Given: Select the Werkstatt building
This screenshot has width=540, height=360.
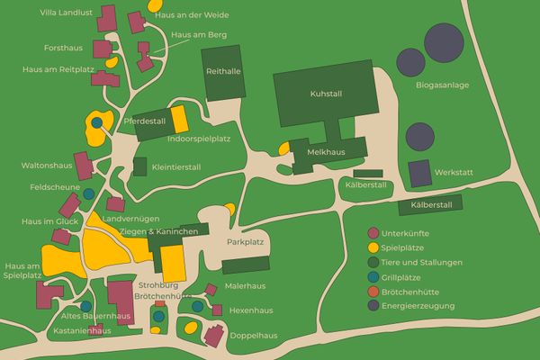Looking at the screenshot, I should tap(419, 172).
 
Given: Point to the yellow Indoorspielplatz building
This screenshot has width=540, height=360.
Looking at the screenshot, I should tap(178, 118).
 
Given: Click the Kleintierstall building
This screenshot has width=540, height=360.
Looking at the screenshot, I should tap(139, 166).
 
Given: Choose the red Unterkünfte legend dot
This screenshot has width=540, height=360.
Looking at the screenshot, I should tap(373, 233).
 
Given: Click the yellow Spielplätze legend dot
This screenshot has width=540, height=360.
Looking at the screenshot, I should tap(373, 247).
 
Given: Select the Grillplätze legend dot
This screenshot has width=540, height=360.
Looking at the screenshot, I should tap(373, 276).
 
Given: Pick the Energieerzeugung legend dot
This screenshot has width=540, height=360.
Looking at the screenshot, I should tap(373, 305).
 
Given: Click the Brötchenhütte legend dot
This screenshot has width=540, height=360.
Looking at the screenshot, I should tap(373, 291).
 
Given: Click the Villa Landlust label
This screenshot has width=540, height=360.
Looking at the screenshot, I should tap(66, 13).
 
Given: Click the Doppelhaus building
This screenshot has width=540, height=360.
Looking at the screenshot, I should tap(214, 336).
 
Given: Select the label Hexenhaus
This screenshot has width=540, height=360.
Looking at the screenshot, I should tap(250, 310).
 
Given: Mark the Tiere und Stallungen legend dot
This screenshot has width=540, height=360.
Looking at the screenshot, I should tap(373, 262).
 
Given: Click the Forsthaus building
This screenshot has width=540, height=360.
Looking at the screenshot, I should tap(102, 49).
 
